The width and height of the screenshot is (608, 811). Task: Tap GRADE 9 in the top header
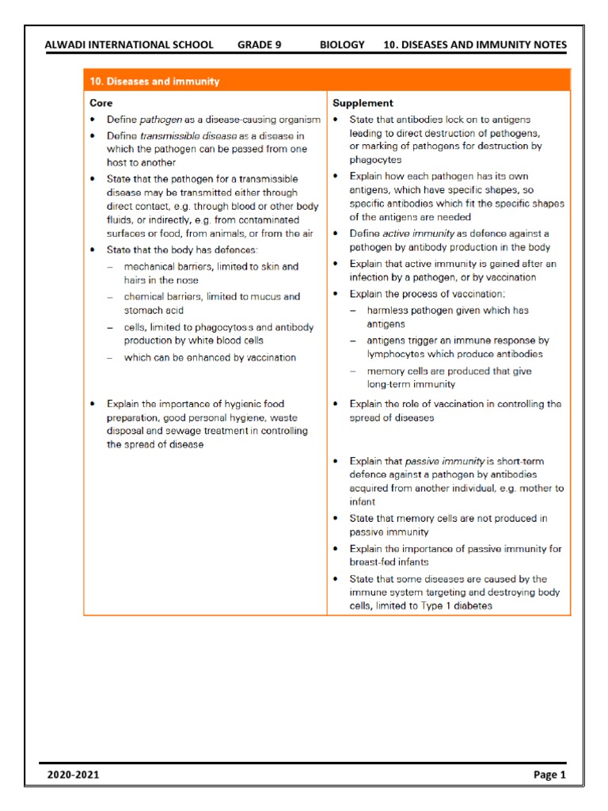(x=259, y=45)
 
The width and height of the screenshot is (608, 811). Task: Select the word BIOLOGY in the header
(x=342, y=45)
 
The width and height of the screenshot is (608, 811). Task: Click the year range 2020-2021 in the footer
(x=74, y=775)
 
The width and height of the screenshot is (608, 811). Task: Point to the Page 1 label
(x=549, y=775)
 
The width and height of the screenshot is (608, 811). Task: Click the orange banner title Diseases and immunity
(x=154, y=82)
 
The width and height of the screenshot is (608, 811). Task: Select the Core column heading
(x=101, y=103)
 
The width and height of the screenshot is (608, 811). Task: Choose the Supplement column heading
(x=363, y=103)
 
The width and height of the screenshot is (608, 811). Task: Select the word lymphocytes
(x=399, y=354)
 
